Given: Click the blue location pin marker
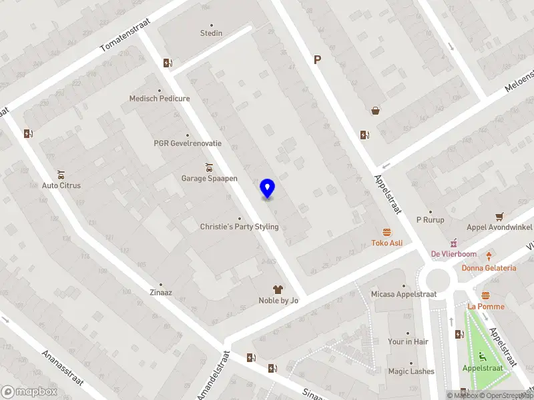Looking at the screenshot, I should tap(268, 189).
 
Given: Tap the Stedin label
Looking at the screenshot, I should tap(211, 33).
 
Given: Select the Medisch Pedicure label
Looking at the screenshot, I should tap(160, 99).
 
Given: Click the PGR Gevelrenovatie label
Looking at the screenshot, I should tap(187, 143).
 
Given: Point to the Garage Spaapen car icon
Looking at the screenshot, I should tap(210, 167).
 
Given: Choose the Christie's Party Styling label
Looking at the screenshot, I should tap(239, 227).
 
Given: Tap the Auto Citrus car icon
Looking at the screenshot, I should tap(61, 174).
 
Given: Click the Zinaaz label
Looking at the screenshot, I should tap(160, 293).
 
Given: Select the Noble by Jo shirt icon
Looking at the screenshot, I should tap(278, 289).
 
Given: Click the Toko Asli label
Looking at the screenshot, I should tap(387, 243).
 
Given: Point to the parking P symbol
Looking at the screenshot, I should tap(318, 60).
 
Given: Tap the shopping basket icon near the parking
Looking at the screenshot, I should tap(376, 111).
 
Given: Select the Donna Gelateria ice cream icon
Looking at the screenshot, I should tap(489, 256).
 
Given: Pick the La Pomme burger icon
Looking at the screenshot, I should tap(485, 295).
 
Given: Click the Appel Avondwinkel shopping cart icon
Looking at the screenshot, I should tap(499, 216).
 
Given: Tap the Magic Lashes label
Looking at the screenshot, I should tap(411, 371).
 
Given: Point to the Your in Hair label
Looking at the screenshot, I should tap(408, 341).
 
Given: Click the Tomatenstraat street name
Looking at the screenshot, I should tap(125, 35).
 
